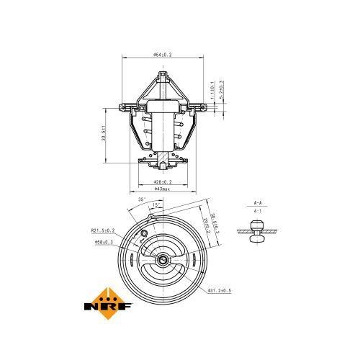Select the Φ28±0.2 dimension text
pos(166,182)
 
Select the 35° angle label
pos(142,199)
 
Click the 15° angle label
pos(156,205)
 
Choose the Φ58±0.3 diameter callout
pos(105,242)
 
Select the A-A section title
pos(258,203)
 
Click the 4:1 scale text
pos(258,212)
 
